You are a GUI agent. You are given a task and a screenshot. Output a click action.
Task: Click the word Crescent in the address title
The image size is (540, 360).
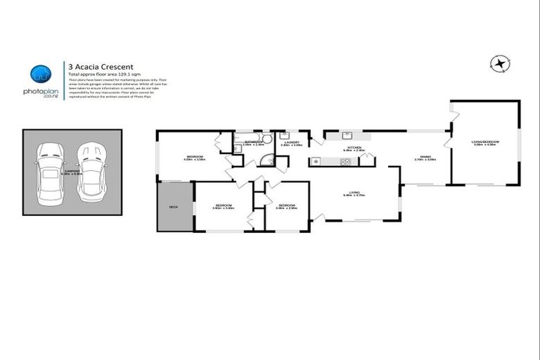[106, 65]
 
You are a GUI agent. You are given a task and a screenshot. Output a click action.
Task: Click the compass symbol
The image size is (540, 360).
[499, 64]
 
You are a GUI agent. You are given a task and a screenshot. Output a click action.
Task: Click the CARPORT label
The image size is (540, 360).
[70, 170]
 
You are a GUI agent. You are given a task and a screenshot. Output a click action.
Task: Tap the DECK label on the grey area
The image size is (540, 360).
[174, 207]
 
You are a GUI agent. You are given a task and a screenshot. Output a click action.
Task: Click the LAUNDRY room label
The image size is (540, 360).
[291, 143]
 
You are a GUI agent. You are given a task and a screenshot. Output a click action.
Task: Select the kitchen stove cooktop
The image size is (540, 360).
[344, 162]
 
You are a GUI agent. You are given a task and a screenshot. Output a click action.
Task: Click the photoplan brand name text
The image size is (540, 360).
[39, 92]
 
